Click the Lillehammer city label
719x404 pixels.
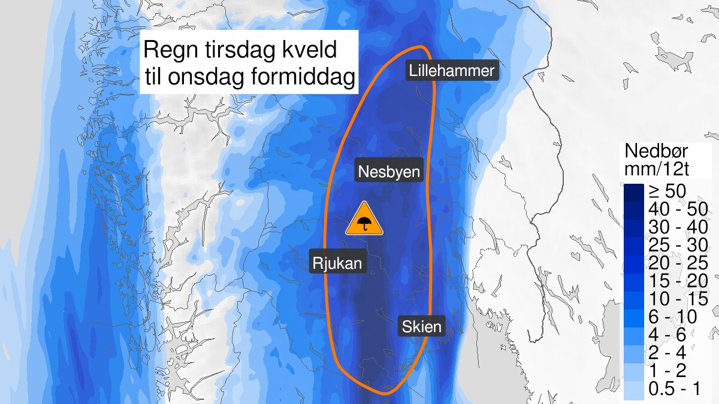point(452,71)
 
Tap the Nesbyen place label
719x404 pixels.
point(389,172)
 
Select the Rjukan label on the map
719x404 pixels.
point(337,262)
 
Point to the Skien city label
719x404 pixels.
point(422,327)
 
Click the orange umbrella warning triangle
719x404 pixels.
point(364,220)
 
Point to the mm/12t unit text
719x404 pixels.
point(657,169)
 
